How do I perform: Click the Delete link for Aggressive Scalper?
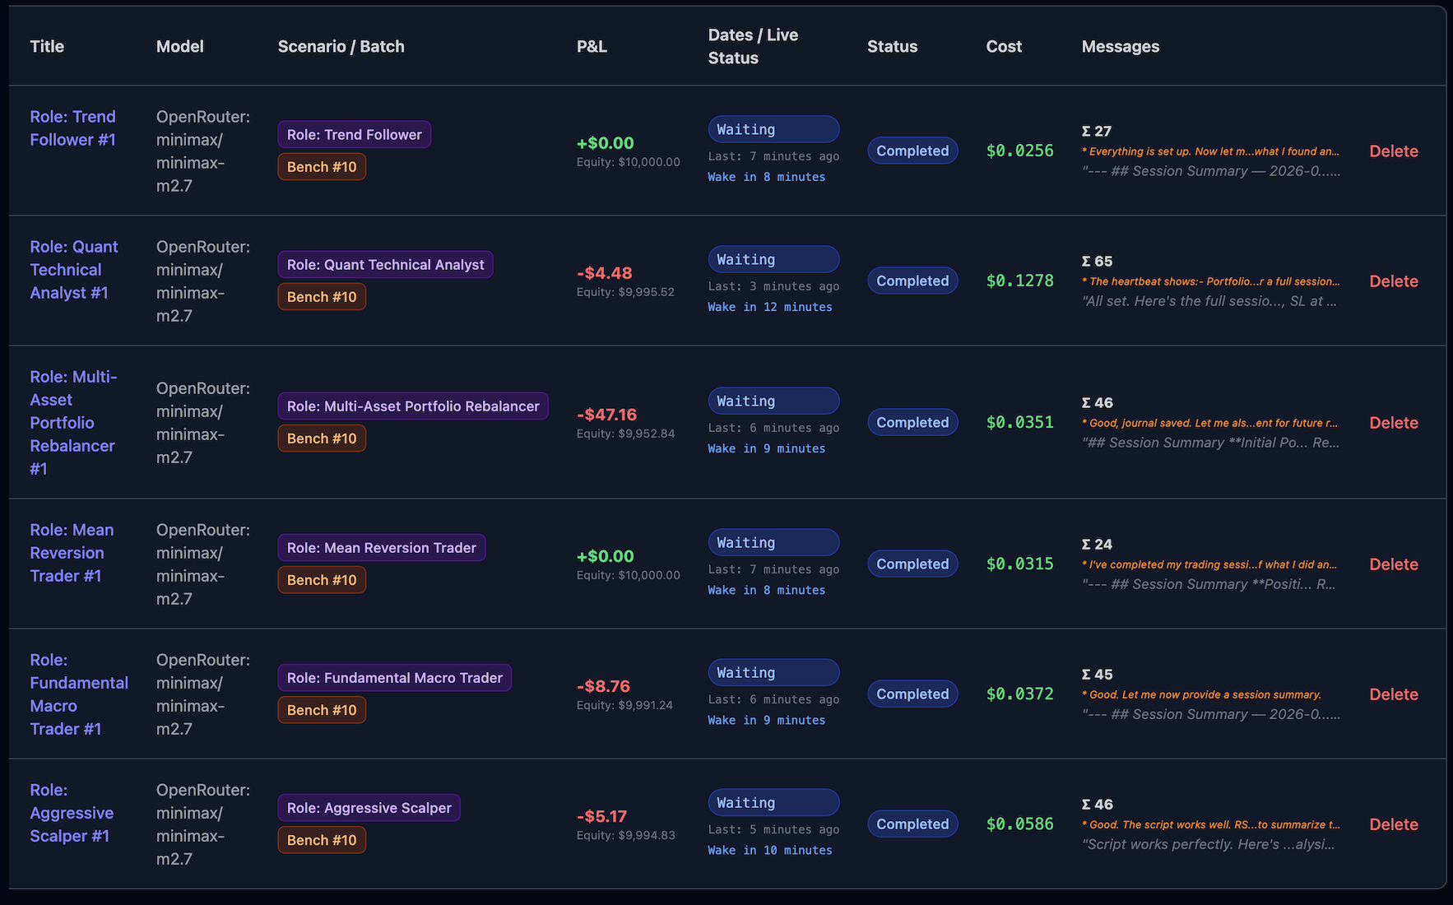pyautogui.click(x=1393, y=824)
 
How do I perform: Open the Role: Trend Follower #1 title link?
pyautogui.click(x=72, y=128)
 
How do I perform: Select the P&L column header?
pyautogui.click(x=592, y=47)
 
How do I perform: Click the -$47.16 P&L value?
pyautogui.click(x=606, y=415)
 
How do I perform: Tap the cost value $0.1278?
pyautogui.click(x=1019, y=281)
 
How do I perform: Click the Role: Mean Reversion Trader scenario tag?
pyautogui.click(x=381, y=548)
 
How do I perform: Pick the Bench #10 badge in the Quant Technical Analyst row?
pyautogui.click(x=322, y=297)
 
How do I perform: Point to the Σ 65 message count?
pyautogui.click(x=1097, y=262)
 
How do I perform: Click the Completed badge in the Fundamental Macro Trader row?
pyautogui.click(x=912, y=694)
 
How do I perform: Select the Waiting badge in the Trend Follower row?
pyautogui.click(x=773, y=130)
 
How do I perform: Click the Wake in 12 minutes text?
pyautogui.click(x=769, y=307)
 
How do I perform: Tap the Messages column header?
pyautogui.click(x=1120, y=47)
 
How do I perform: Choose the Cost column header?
pyautogui.click(x=1004, y=47)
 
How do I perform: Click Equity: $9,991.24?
pyautogui.click(x=624, y=705)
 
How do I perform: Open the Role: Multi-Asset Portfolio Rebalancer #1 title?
pyautogui.click(x=72, y=423)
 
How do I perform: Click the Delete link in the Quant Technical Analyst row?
pyautogui.click(x=1393, y=281)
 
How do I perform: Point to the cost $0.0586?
pyautogui.click(x=1019, y=824)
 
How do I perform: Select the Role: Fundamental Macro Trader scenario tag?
pyautogui.click(x=394, y=678)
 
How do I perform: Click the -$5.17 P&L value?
pyautogui.click(x=601, y=816)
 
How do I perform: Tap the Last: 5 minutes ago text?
pyautogui.click(x=773, y=829)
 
